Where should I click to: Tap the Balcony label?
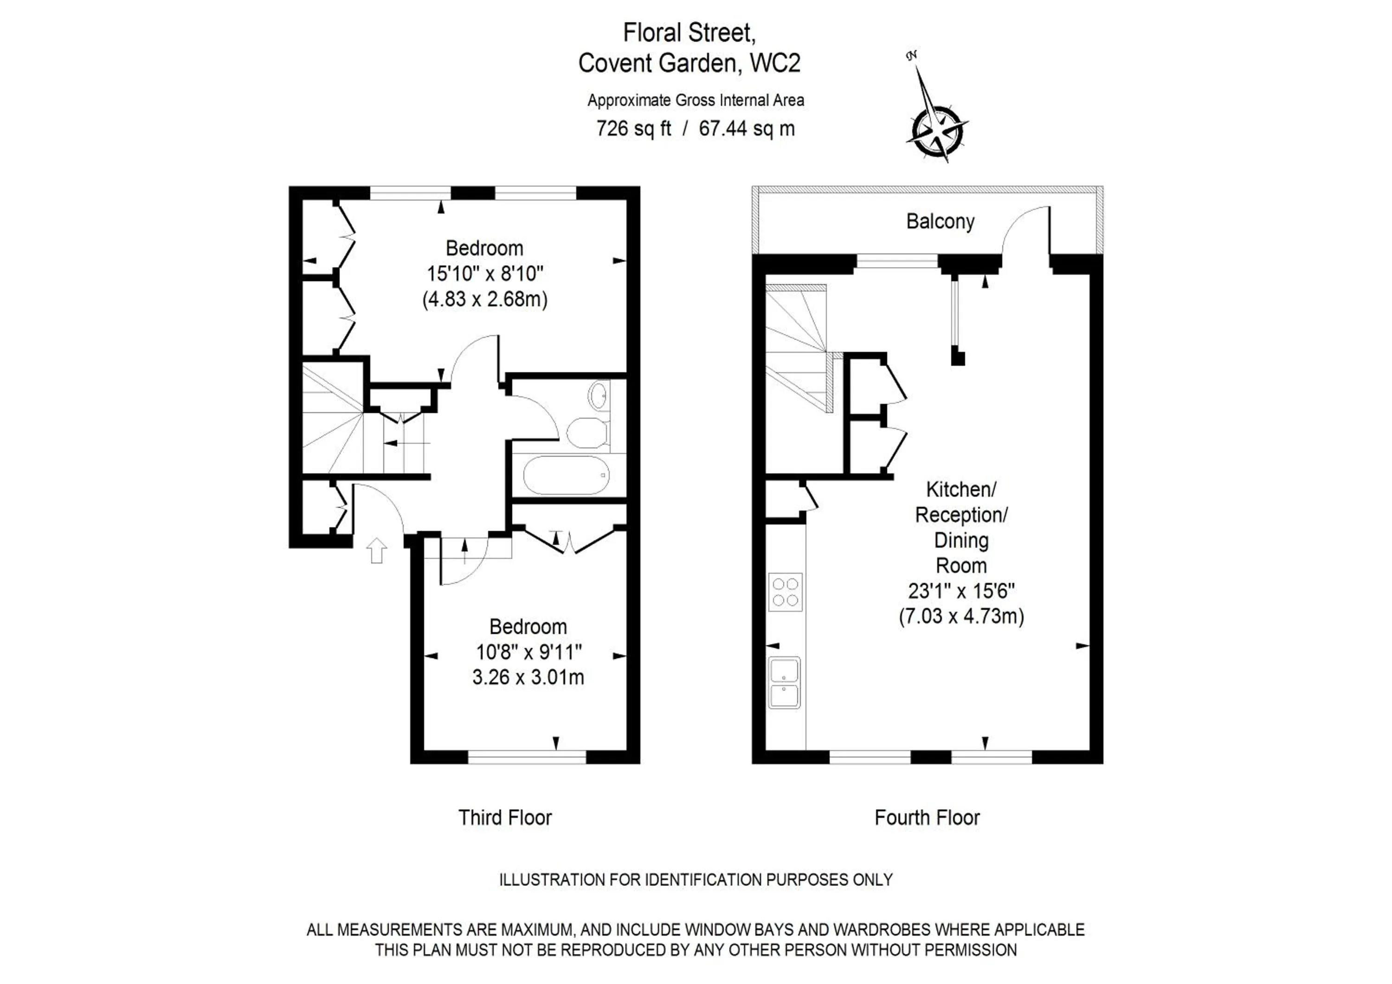click(x=940, y=221)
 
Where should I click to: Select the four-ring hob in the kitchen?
click(x=785, y=592)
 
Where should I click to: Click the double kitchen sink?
click(x=785, y=683)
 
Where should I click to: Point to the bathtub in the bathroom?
click(x=566, y=475)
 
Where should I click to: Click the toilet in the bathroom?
click(x=587, y=432)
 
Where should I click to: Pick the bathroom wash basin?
click(x=599, y=395)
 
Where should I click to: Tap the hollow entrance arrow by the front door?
click(x=376, y=550)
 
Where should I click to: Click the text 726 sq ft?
click(x=633, y=129)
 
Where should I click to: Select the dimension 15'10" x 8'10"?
click(x=485, y=273)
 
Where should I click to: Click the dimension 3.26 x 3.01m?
click(x=528, y=677)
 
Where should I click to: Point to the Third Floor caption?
click(x=505, y=818)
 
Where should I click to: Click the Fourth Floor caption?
click(x=927, y=818)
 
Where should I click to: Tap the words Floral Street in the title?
click(x=689, y=33)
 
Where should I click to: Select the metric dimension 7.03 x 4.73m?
click(x=961, y=616)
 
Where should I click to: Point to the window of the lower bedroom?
click(x=527, y=757)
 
